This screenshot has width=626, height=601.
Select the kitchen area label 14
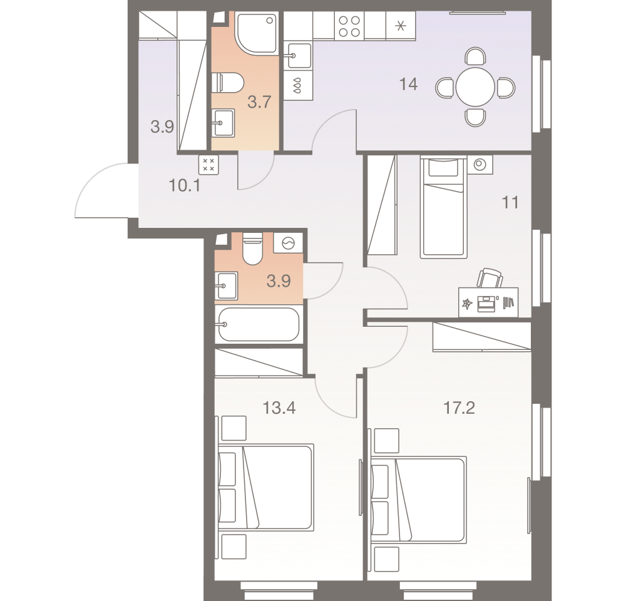point(408,84)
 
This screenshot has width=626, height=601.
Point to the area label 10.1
point(184,185)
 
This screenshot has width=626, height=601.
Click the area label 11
point(511,203)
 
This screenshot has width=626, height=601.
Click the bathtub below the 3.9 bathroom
point(257,324)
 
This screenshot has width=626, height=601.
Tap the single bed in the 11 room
point(444,208)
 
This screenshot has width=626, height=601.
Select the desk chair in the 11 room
point(491,277)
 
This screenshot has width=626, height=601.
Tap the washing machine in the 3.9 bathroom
point(289,244)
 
